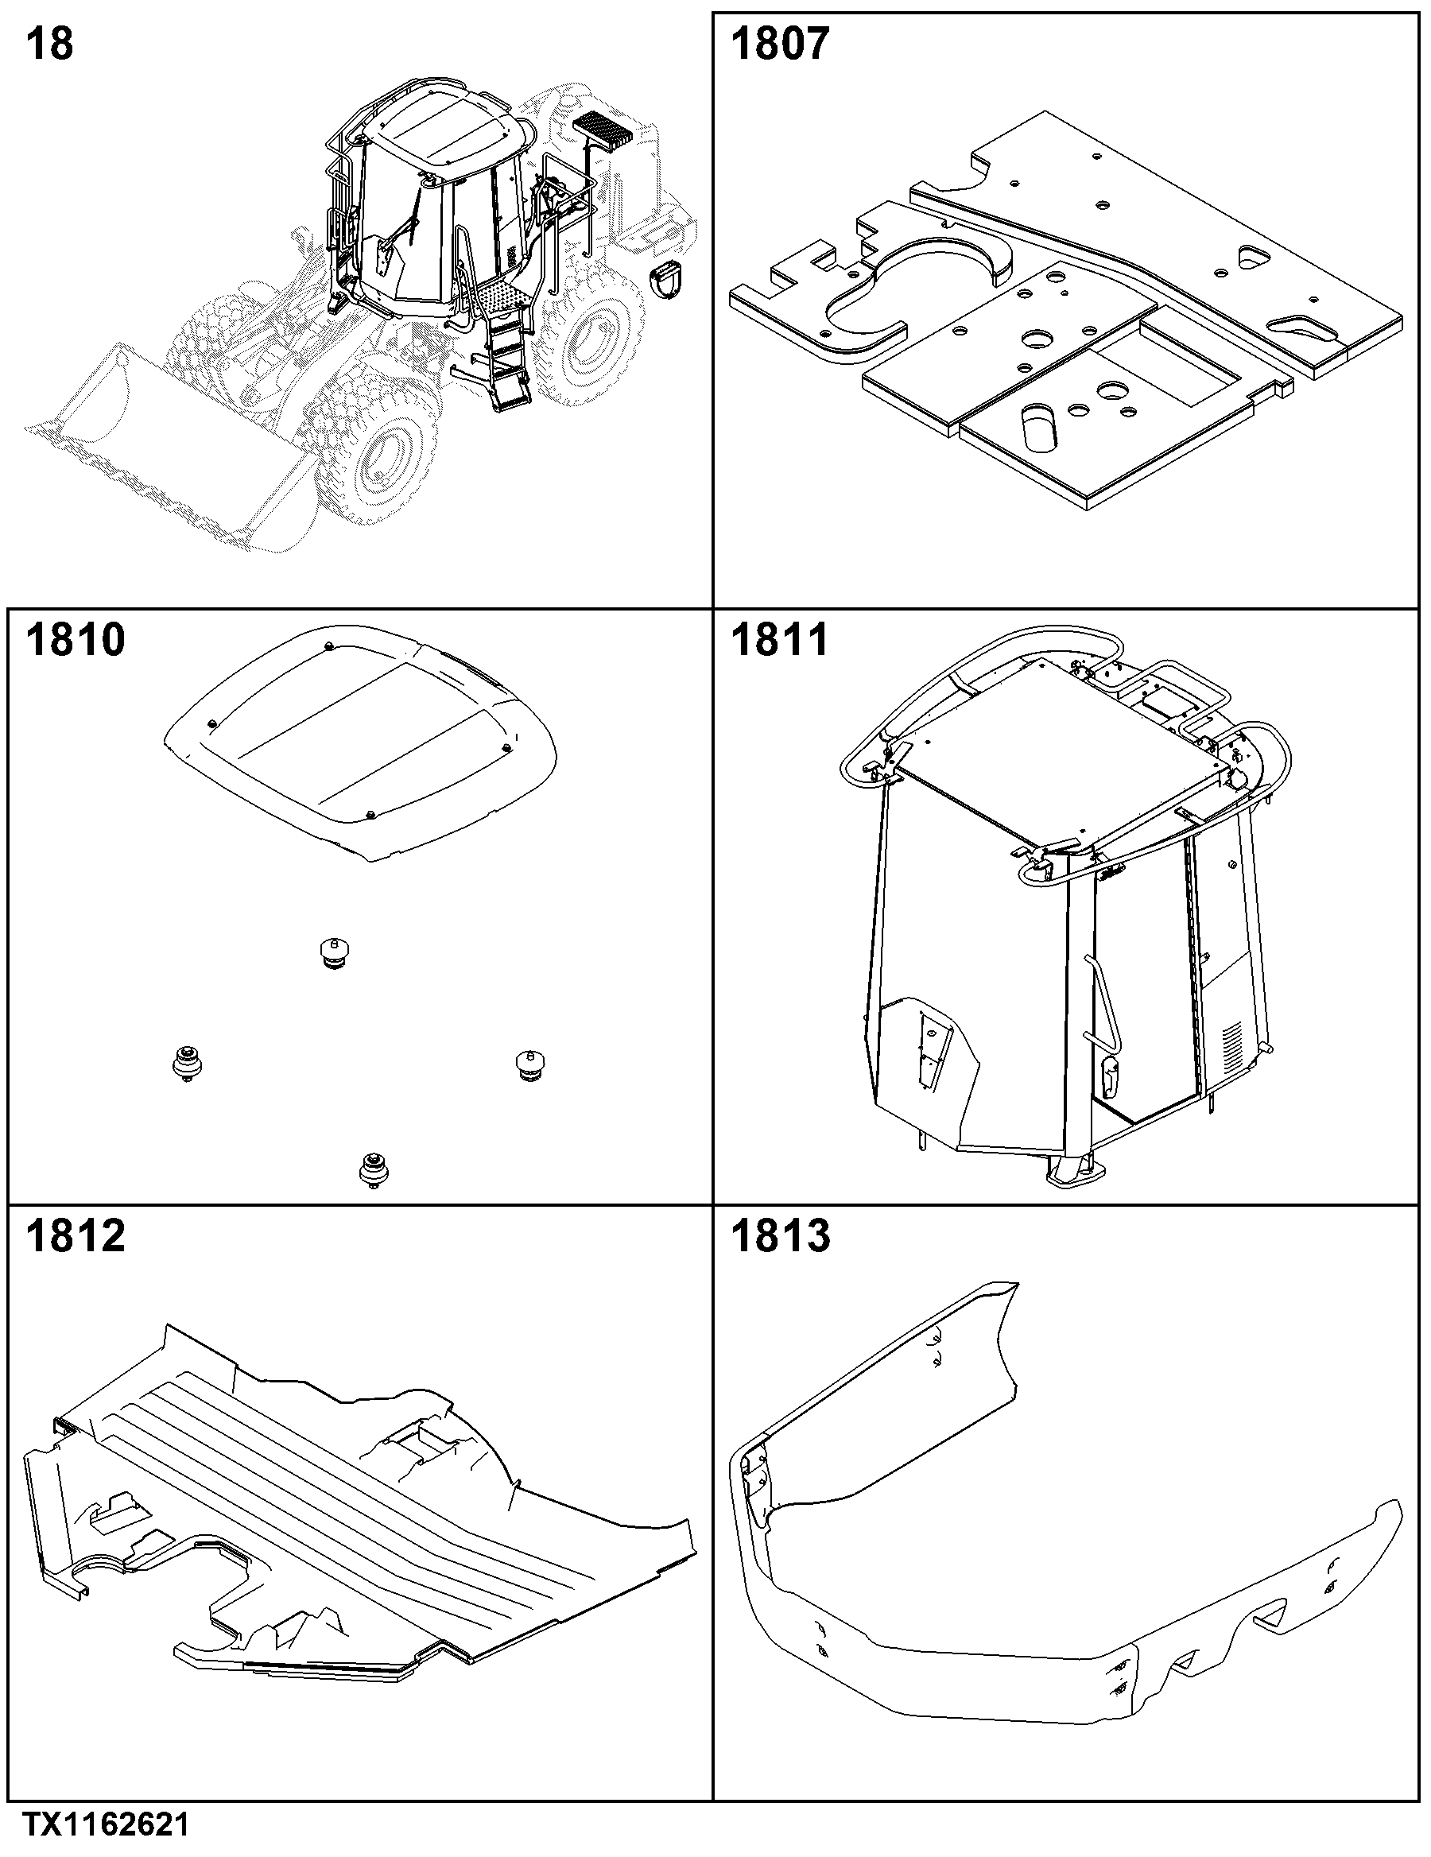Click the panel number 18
pyautogui.click(x=49, y=44)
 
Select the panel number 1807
pyautogui.click(x=779, y=44)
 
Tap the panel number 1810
pyautogui.click(x=75, y=639)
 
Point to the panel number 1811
pyautogui.click(x=779, y=639)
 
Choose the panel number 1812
pyautogui.click(x=75, y=1235)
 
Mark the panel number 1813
pyautogui.click(x=780, y=1235)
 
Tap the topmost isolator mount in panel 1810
pyautogui.click(x=334, y=952)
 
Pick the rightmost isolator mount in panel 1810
pyautogui.click(x=530, y=1065)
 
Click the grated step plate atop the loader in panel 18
pyautogui.click(x=603, y=130)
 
